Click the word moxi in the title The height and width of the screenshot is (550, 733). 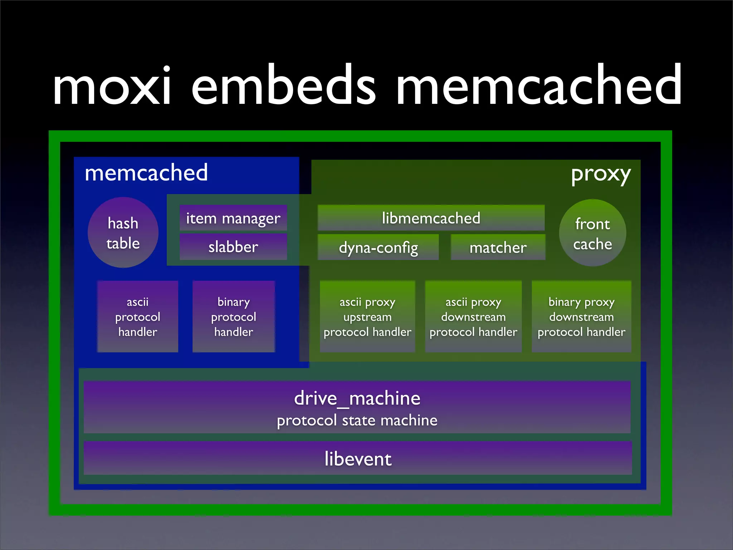(x=112, y=86)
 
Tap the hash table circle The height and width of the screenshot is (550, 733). (x=123, y=233)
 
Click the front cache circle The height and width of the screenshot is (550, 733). (x=592, y=233)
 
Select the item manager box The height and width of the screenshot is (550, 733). (x=233, y=218)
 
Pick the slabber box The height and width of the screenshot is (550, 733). (x=233, y=247)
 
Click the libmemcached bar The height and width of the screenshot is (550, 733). (x=431, y=218)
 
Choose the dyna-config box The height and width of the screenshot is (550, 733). (x=378, y=247)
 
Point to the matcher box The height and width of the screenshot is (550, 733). (x=498, y=247)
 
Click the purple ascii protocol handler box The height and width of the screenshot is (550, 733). (x=137, y=317)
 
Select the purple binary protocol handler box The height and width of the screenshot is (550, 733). (x=233, y=317)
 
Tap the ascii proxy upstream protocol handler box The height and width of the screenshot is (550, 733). (x=367, y=317)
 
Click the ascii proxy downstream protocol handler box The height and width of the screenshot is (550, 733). (x=473, y=317)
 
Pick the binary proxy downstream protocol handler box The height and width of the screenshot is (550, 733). (x=581, y=317)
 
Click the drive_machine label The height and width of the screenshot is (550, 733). (x=357, y=398)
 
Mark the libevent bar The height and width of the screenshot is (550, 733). (x=358, y=459)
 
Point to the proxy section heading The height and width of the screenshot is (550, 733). (x=601, y=174)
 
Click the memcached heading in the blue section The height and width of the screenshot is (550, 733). (x=146, y=173)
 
